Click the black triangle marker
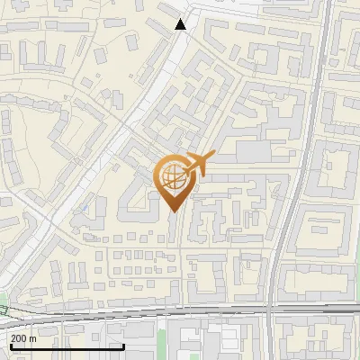point(181,24)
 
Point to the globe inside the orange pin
point(174,179)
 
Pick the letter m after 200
point(33,337)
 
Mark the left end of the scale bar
point(10,346)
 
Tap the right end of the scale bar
point(124,346)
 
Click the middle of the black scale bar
point(67,346)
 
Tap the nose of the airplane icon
point(214,155)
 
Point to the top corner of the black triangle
point(181,18)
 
